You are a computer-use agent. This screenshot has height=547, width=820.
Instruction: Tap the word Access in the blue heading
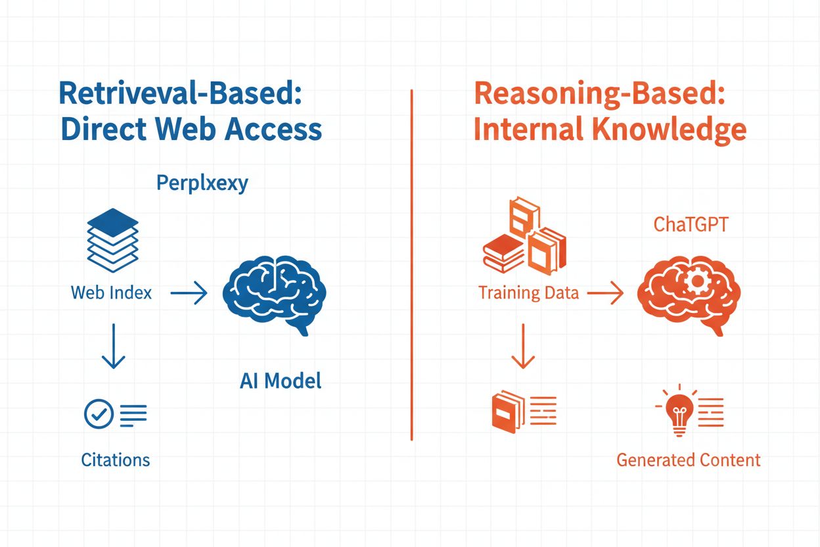click(x=273, y=130)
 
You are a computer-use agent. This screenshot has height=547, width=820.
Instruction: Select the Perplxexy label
click(x=202, y=183)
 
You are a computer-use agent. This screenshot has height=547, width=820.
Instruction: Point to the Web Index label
click(x=111, y=293)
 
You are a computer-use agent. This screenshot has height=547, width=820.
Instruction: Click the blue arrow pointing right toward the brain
click(x=189, y=294)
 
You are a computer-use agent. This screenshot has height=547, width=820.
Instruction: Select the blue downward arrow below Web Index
click(x=113, y=345)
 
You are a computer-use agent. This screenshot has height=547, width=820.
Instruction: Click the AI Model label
click(x=281, y=381)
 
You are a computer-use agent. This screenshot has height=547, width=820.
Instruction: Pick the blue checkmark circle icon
click(x=99, y=414)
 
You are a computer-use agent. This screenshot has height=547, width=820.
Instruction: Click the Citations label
click(x=115, y=460)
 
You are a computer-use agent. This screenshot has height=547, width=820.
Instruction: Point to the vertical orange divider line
click(x=411, y=263)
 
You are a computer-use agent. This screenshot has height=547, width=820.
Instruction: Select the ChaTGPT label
click(x=690, y=226)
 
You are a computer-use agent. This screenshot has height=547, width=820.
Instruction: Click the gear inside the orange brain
click(x=695, y=282)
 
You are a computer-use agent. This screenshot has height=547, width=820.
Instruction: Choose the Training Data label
click(x=528, y=293)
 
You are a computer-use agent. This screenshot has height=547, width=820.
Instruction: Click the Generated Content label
click(x=688, y=460)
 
